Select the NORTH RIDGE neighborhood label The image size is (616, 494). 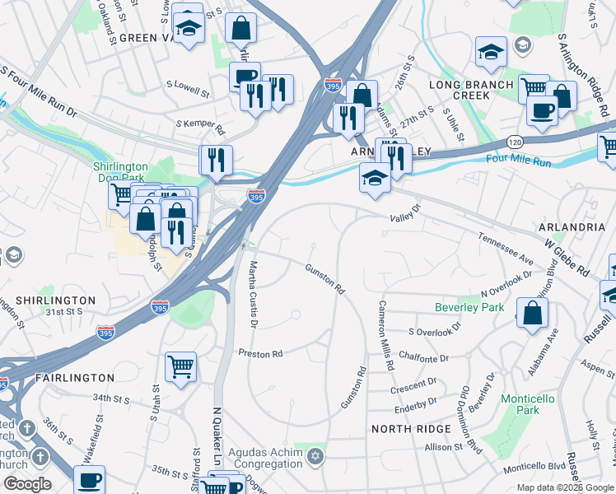[411, 429]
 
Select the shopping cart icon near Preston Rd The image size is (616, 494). [180, 366]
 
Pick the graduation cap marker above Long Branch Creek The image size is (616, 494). [491, 51]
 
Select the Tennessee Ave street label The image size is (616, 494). [506, 248]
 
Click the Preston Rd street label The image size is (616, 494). [260, 353]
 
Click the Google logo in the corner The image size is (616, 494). [26, 484]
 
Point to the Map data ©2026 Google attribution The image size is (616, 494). [564, 487]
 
